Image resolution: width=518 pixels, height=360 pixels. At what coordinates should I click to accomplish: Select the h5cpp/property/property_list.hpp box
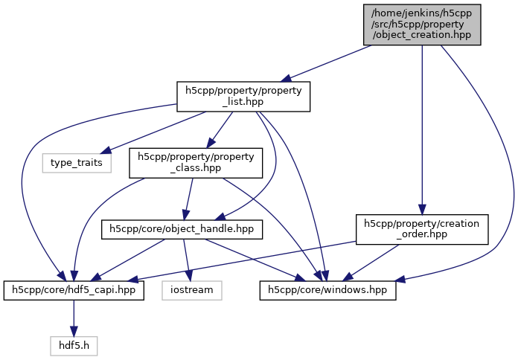pyautogui.click(x=243, y=97)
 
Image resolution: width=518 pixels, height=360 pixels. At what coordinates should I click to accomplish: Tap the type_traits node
pyautogui.click(x=76, y=161)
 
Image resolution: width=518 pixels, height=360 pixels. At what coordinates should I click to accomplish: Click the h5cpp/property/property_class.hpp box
pyautogui.click(x=196, y=163)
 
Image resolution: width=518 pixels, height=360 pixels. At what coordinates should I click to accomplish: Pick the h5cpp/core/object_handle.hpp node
pyautogui.click(x=182, y=229)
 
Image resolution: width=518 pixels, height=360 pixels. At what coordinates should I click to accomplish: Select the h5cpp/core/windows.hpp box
pyautogui.click(x=327, y=289)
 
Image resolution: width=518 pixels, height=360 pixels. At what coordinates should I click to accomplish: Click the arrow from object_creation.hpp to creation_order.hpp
pyautogui.click(x=422, y=126)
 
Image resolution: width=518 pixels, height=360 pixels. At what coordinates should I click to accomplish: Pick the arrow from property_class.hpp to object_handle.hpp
pyautogui.click(x=188, y=197)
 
